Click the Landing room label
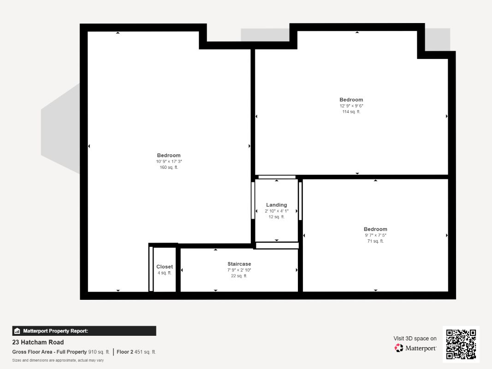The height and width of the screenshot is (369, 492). pyautogui.click(x=277, y=205)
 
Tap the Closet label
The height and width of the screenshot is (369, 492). pyautogui.click(x=165, y=267)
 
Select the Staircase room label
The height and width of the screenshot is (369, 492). pyautogui.click(x=239, y=264)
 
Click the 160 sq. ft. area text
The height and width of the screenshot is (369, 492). pyautogui.click(x=169, y=167)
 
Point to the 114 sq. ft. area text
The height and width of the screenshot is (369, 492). pyautogui.click(x=351, y=112)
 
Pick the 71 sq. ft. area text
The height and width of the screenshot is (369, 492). pyautogui.click(x=376, y=241)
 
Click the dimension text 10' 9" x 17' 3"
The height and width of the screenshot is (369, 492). pyautogui.click(x=169, y=161)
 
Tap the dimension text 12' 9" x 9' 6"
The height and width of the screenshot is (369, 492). pyautogui.click(x=351, y=106)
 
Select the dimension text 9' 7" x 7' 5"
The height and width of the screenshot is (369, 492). pyautogui.click(x=376, y=235)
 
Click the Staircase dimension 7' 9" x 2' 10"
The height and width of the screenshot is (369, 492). pyautogui.click(x=239, y=270)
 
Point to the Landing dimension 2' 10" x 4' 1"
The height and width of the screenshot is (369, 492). pyautogui.click(x=277, y=211)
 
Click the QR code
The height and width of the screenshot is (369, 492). pyautogui.click(x=461, y=344)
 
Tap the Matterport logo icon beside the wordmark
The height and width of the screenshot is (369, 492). pyautogui.click(x=399, y=348)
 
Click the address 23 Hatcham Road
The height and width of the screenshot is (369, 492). pyautogui.click(x=38, y=342)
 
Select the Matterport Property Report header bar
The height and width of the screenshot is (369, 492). pyautogui.click(x=84, y=331)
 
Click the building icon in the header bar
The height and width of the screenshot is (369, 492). pyautogui.click(x=17, y=331)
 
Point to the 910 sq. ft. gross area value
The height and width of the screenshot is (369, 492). pyautogui.click(x=99, y=352)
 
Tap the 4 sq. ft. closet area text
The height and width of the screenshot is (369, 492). pyautogui.click(x=165, y=273)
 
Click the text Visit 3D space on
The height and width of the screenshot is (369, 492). pyautogui.click(x=415, y=339)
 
